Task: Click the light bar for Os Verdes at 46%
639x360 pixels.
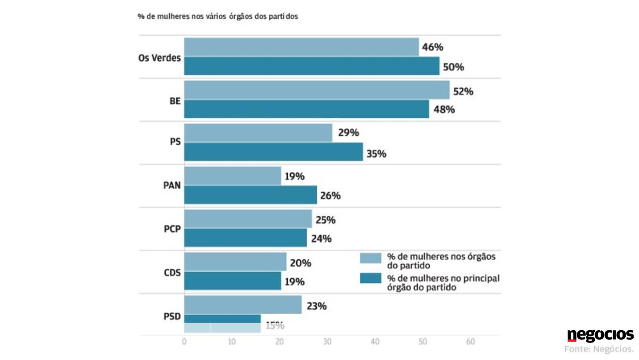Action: pos(301,47)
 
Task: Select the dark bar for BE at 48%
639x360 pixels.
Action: pos(306,109)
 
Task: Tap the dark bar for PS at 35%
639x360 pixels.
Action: pos(273,152)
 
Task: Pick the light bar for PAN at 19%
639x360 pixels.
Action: pos(232,176)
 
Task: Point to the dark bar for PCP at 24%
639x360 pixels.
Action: pos(245,238)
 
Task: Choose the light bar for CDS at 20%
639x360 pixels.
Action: pos(235,261)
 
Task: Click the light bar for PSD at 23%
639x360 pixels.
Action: pos(243,305)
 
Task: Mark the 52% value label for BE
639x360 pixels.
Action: pos(463,91)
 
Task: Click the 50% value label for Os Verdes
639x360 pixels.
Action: pos(454,67)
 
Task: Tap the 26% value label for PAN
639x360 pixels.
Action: pos(330,195)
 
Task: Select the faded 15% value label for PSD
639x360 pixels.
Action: pos(274,325)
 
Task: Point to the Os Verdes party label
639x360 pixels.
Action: pos(160,57)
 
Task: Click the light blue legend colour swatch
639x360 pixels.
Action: pos(371,258)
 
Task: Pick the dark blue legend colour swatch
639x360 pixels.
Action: pos(371,279)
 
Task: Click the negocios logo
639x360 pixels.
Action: pos(600,335)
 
